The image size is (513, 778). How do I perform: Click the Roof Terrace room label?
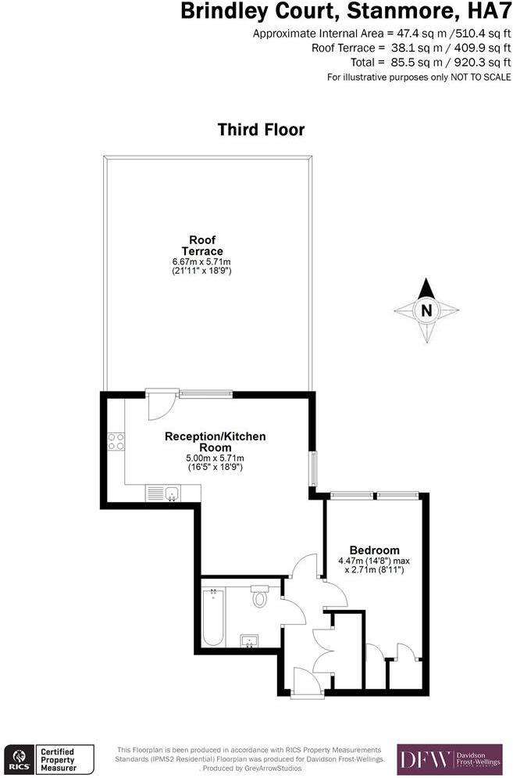202,245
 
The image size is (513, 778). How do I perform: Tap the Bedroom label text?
374,550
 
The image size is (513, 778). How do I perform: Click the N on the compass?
426,310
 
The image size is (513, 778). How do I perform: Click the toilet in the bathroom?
260,598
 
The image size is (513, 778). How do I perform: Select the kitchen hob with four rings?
116,441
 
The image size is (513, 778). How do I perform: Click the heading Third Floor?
261,129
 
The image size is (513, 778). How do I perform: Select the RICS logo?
18,758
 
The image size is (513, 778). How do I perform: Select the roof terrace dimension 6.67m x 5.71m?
202,261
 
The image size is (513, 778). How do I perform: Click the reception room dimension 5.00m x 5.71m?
215,457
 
